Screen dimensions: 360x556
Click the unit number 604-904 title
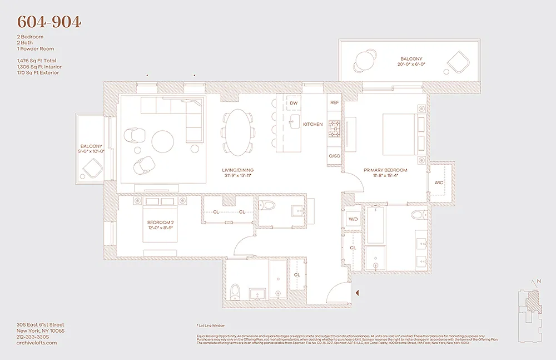[49, 22]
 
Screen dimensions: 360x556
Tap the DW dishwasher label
[294, 103]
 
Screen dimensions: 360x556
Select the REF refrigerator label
[334, 103]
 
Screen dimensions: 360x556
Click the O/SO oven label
[334, 156]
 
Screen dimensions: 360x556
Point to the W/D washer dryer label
[353, 219]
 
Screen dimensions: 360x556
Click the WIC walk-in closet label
[439, 183]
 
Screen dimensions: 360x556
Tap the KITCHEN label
[312, 125]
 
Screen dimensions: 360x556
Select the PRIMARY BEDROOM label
[385, 170]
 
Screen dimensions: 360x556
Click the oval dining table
[239, 132]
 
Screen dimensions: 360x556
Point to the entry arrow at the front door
[358, 292]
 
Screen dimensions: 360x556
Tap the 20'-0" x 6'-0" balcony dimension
[411, 65]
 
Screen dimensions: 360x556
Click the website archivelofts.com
[37, 343]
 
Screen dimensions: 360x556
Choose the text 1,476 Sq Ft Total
[36, 61]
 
